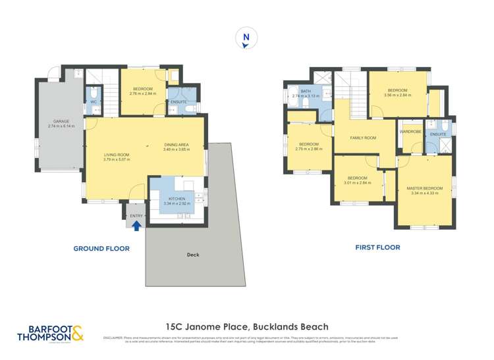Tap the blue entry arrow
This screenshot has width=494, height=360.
tap(136, 226)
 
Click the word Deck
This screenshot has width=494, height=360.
tap(192, 255)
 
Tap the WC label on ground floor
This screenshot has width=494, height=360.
tap(94, 103)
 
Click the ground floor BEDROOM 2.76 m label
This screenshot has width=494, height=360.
tap(142, 91)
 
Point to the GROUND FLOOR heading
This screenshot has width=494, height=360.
tap(101, 249)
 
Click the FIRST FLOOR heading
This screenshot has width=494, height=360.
tap(378, 247)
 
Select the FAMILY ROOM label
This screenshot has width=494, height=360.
tap(362, 138)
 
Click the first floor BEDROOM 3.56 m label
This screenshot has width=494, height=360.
tap(397, 93)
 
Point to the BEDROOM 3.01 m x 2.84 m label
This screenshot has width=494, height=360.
tap(357, 180)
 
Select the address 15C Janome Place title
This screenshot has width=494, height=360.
tap(246, 326)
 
